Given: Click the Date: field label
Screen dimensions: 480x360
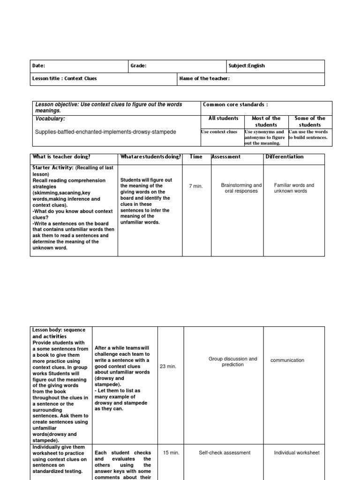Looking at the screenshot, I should coord(39,66).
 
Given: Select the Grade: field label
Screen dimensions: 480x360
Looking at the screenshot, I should coord(139,66).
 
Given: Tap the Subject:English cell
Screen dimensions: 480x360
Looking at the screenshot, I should coord(247,66).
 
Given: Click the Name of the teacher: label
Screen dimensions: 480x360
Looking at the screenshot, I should coord(204,79).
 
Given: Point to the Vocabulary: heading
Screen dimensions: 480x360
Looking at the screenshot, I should coord(50,119).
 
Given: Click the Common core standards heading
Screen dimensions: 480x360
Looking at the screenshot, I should coord(235,105).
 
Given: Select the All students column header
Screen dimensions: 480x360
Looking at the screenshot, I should coord(223,119).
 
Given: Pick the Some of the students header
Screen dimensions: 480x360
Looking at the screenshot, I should coord(310,122).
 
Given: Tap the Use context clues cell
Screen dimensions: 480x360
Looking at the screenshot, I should coord(219,132).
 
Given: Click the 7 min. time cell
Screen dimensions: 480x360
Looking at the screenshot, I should coord(196,187).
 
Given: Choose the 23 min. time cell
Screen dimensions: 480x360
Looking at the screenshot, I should coord(168,367).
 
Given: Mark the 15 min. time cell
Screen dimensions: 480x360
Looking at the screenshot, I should coord(170,453).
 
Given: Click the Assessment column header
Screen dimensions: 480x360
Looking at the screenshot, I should coord(226,157).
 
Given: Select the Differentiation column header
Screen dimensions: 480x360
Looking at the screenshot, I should coord(285,157).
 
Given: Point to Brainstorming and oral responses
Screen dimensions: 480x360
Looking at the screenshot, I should coord(241,188).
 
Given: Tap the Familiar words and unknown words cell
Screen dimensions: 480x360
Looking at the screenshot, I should coord(294,188).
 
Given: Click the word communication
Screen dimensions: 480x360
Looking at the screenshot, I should coord(287,360).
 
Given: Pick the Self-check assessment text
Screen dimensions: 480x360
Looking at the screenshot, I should coord(225,453).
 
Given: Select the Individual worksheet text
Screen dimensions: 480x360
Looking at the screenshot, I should coord(297,453).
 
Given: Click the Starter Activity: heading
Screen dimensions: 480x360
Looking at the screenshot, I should coord(53,168).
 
